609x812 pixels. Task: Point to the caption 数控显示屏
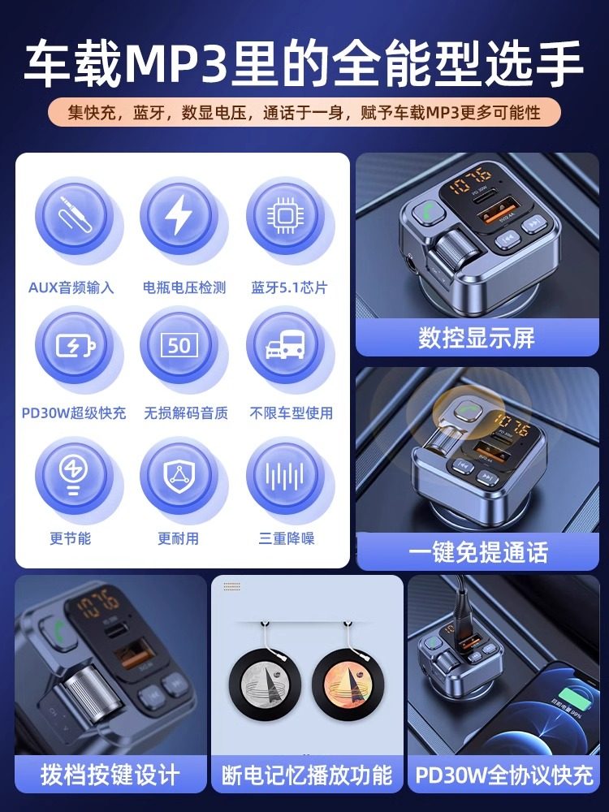point(477,338)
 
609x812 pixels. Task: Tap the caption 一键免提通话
point(477,552)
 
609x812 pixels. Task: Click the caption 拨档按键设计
point(110,775)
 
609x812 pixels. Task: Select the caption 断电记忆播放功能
point(307,775)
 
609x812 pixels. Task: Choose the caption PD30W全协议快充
point(504,775)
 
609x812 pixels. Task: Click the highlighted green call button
point(466,409)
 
